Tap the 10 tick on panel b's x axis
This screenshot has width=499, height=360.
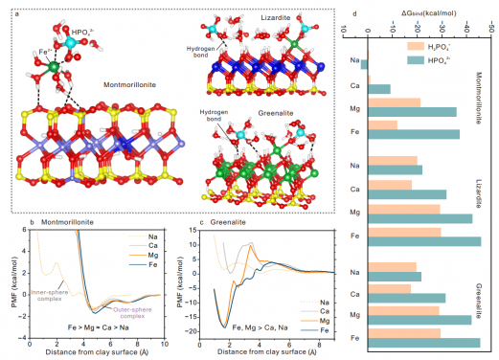pyautogui.click(x=165, y=342)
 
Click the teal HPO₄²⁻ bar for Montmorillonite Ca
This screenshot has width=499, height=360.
pyautogui.click(x=379, y=89)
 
